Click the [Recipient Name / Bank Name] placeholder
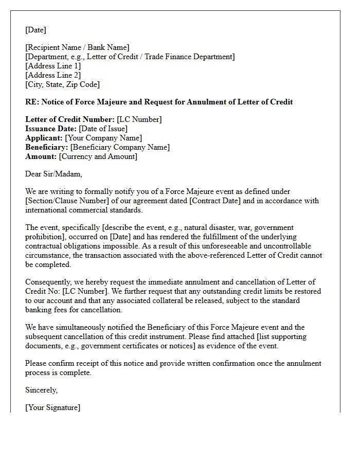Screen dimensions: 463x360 tap(77, 47)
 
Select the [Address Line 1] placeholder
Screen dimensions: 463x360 tap(53, 66)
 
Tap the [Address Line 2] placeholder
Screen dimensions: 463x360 tap(53, 75)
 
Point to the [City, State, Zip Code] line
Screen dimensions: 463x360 tap(62, 84)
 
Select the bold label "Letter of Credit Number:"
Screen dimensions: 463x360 tap(70, 119)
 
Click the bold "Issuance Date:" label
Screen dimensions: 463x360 tap(51, 129)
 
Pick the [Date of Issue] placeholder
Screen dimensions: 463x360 tap(103, 129)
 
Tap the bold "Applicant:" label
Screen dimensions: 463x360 tap(44, 138)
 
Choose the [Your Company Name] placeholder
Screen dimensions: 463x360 tap(103, 138)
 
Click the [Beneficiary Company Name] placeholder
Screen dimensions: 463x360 tap(120, 147)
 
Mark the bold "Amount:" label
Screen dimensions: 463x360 tap(41, 156)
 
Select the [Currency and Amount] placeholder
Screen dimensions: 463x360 tap(98, 156)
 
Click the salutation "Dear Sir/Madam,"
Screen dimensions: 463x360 tap(53, 174)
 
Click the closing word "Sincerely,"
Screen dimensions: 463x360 tap(41, 390)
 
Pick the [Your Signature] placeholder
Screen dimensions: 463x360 tap(52, 407)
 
